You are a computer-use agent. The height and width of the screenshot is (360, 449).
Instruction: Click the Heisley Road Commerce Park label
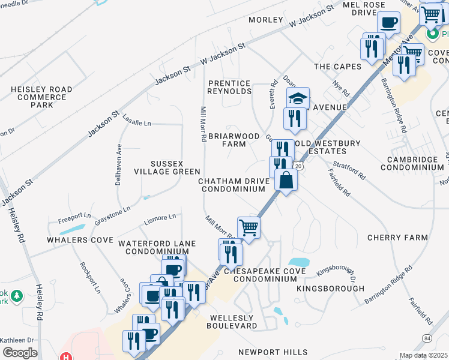click(41, 97)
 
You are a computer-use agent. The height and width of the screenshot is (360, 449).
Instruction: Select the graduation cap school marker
click(298, 98)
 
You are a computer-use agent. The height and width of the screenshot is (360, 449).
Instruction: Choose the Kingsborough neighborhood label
click(331, 289)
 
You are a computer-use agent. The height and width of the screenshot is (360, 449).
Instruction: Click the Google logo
click(20, 352)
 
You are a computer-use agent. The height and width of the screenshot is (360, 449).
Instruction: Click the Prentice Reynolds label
click(229, 87)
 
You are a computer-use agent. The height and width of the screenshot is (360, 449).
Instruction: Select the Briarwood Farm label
click(227, 140)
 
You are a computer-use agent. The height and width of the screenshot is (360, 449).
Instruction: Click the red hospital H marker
click(65, 356)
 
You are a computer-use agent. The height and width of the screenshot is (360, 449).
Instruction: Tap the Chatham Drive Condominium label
click(234, 185)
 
